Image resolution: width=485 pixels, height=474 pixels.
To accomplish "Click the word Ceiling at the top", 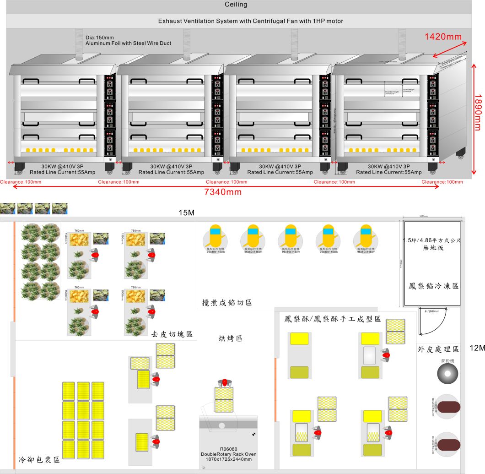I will click(x=236, y=5).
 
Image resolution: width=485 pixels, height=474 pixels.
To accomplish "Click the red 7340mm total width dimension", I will click(x=223, y=192).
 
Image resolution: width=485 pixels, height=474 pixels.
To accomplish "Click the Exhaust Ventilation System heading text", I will click(x=250, y=21).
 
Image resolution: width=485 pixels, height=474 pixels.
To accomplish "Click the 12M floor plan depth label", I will click(x=477, y=348).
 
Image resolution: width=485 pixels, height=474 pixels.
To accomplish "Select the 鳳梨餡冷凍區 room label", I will click(x=433, y=286).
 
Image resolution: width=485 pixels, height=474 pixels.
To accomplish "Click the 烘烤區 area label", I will click(x=230, y=338).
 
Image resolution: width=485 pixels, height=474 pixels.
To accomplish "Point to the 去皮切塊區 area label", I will click(x=172, y=334).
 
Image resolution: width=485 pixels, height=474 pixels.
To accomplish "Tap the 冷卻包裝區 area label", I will click(x=39, y=460).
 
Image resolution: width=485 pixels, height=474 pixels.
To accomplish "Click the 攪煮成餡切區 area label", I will click(x=227, y=303).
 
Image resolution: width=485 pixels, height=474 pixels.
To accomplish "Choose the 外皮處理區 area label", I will click(x=438, y=349).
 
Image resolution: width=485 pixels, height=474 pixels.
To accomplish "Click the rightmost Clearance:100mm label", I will click(x=442, y=182).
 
